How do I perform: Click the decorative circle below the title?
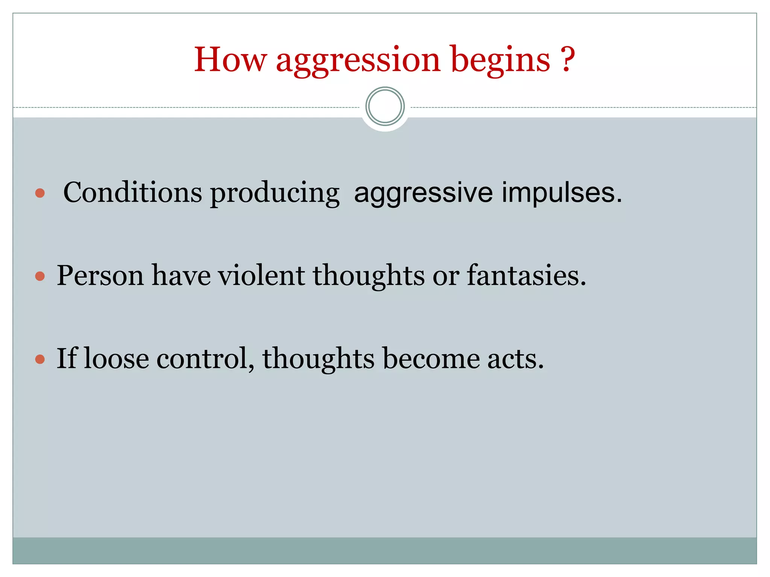click(x=385, y=106)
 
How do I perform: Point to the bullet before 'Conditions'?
click(x=40, y=193)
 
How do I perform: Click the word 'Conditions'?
click(x=133, y=192)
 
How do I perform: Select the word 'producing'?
click(x=274, y=193)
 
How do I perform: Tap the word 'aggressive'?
click(x=423, y=193)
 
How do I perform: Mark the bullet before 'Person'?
click(x=40, y=277)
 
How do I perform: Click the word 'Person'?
click(x=100, y=276)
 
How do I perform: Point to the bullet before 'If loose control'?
click(x=40, y=359)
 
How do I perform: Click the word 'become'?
click(x=431, y=359)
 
